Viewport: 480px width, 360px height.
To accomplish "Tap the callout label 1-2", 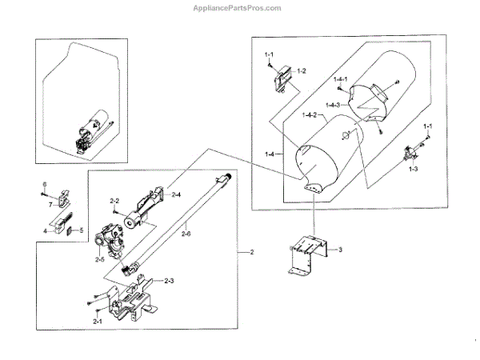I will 302,71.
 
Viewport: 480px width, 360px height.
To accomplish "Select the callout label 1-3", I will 413,170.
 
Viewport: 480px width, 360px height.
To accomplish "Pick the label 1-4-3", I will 334,105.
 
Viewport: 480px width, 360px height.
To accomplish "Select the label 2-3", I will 170,281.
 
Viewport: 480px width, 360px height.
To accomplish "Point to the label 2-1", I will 97,322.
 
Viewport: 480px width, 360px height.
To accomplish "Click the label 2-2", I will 114,201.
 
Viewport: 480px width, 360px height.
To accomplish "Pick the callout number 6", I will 45,185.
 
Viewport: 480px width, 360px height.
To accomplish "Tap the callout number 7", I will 49,205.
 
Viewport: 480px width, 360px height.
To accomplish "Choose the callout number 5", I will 80,230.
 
